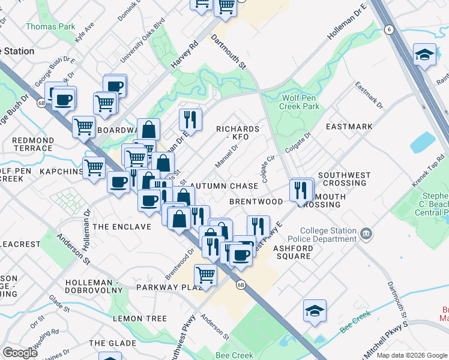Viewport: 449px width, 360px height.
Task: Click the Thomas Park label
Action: click(x=50, y=26)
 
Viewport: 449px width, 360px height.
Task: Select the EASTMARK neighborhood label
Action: click(x=349, y=127)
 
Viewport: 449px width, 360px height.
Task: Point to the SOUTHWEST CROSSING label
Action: click(x=345, y=179)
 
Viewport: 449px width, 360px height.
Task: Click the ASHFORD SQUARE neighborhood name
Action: click(x=292, y=252)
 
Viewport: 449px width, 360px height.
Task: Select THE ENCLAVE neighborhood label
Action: click(x=122, y=227)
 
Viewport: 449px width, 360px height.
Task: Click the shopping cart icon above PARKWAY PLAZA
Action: click(x=205, y=275)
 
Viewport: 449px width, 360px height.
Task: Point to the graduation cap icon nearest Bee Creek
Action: click(x=315, y=310)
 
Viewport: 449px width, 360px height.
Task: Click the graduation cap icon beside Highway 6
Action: click(x=424, y=55)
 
